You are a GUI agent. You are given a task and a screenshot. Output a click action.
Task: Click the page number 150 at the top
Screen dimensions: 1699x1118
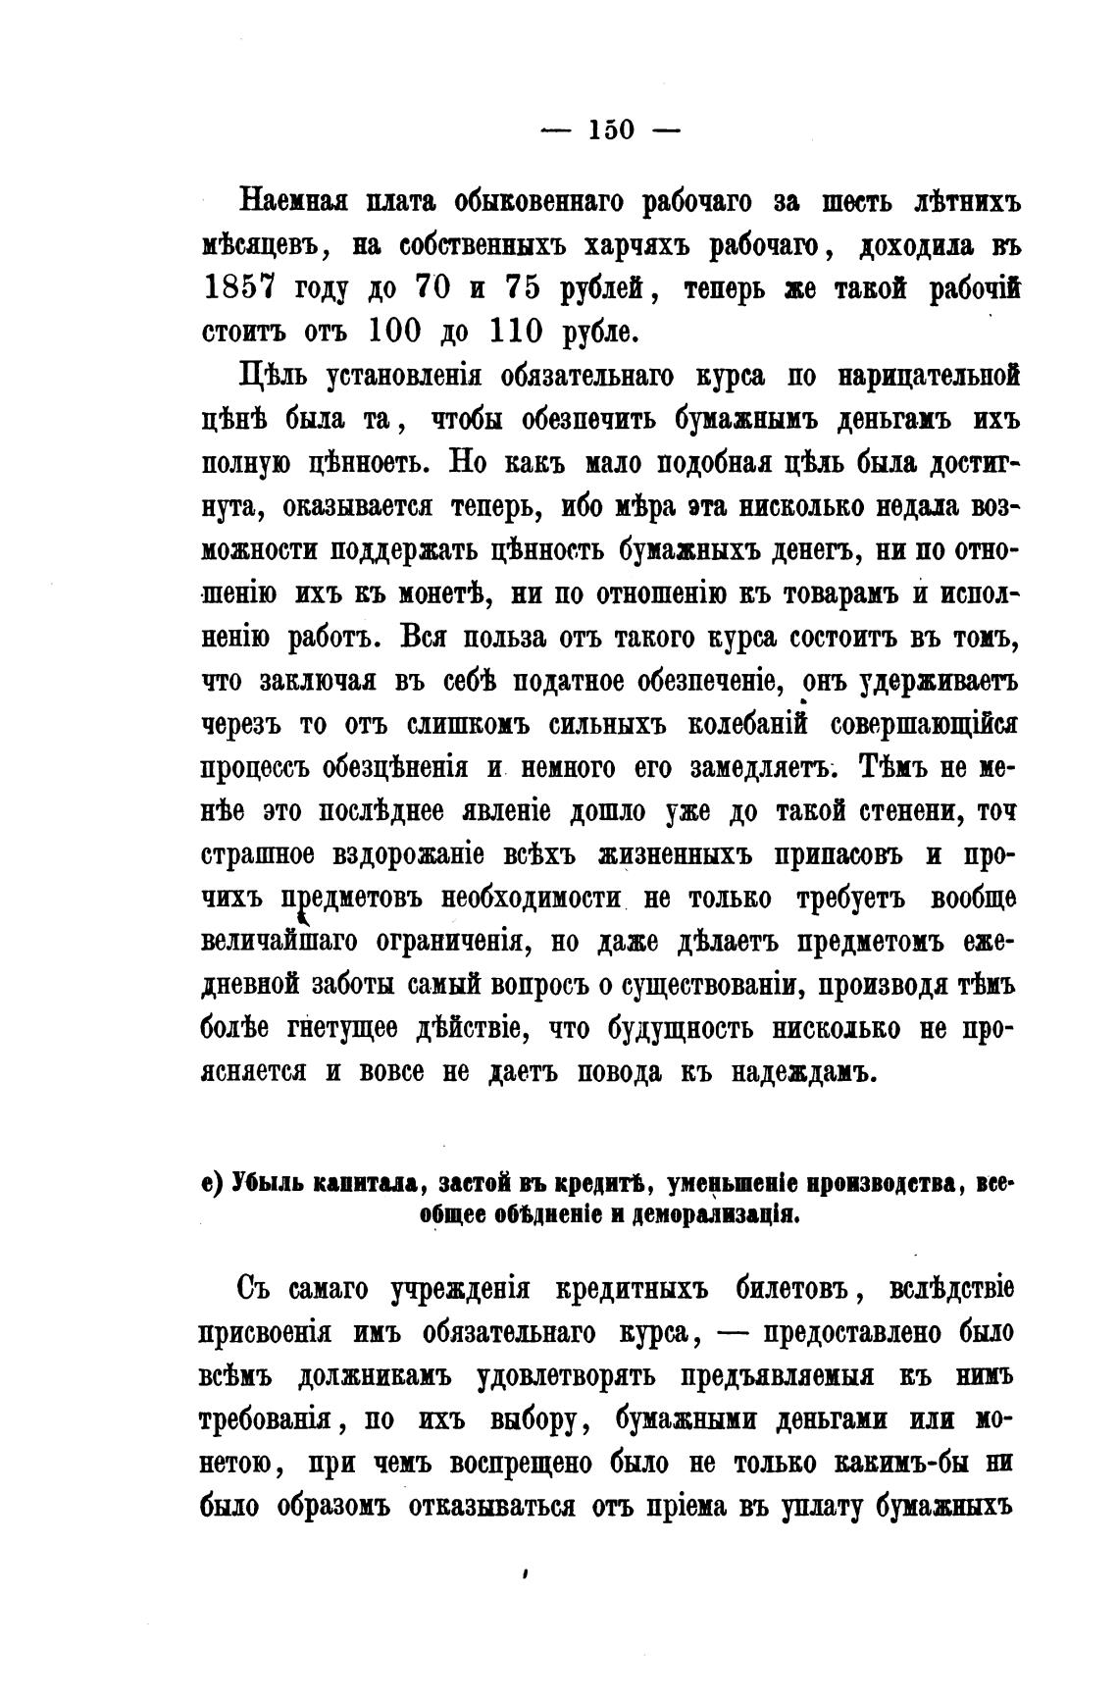point(611,129)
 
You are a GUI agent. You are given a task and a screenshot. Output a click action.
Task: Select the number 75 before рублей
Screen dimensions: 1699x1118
point(524,287)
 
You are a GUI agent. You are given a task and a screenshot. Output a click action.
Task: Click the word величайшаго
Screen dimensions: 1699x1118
point(281,941)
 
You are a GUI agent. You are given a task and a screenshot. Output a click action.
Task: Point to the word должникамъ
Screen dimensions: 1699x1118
point(375,1377)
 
